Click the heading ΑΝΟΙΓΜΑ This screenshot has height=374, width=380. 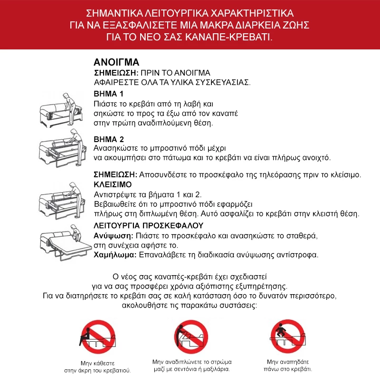click(x=116, y=63)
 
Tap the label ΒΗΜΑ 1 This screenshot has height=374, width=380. click(x=109, y=94)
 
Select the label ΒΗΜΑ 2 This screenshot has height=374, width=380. click(x=109, y=139)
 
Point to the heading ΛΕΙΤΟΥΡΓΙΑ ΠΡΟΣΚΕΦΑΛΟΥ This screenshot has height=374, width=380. click(x=149, y=225)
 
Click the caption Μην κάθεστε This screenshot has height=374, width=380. click(x=98, y=362)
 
